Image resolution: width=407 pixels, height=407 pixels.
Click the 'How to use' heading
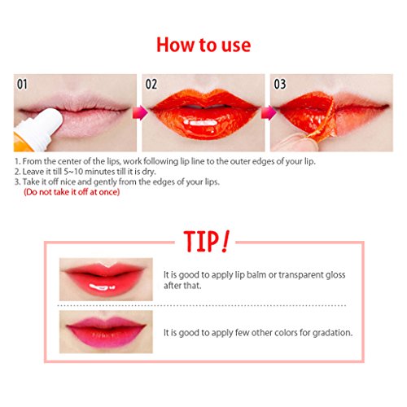(203, 45)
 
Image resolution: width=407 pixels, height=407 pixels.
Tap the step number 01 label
(22, 84)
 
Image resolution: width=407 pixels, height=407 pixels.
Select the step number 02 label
(151, 84)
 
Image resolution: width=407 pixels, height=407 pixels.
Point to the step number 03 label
(280, 84)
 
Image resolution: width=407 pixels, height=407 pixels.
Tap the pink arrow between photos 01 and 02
(140, 112)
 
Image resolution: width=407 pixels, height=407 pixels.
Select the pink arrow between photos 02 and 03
(269, 112)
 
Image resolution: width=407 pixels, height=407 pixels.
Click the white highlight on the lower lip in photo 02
(200, 123)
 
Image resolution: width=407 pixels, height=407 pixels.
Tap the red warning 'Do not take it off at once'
(72, 192)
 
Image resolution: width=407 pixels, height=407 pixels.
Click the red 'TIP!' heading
(206, 242)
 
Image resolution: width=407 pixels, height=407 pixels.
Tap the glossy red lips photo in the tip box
(106, 279)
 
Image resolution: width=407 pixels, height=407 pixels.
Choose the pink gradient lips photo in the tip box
(106, 332)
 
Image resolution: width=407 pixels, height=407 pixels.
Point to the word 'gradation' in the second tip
(332, 333)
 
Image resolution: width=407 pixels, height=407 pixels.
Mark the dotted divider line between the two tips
(202, 305)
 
